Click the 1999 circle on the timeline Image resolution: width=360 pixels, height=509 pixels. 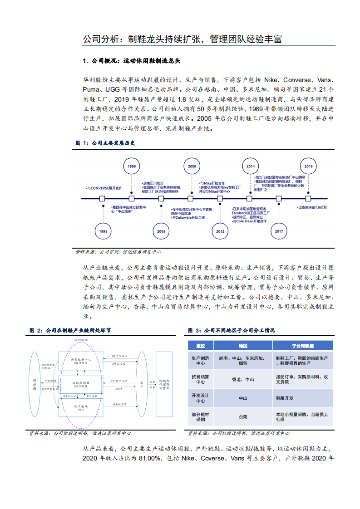point(132,166)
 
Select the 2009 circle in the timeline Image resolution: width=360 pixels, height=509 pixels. point(192,166)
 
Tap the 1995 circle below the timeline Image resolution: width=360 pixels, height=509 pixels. point(103,231)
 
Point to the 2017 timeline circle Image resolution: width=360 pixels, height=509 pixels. point(279,231)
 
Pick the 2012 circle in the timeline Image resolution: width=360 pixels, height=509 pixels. point(220,231)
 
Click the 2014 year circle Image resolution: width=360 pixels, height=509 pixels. point(251,166)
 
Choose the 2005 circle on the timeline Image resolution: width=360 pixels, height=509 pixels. point(161,231)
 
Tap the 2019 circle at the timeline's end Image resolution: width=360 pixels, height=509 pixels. point(309,166)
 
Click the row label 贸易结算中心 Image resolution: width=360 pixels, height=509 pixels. point(200,379)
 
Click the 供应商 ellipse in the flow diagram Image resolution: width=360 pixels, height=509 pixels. point(35,384)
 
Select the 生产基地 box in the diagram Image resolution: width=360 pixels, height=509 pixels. point(82,407)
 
